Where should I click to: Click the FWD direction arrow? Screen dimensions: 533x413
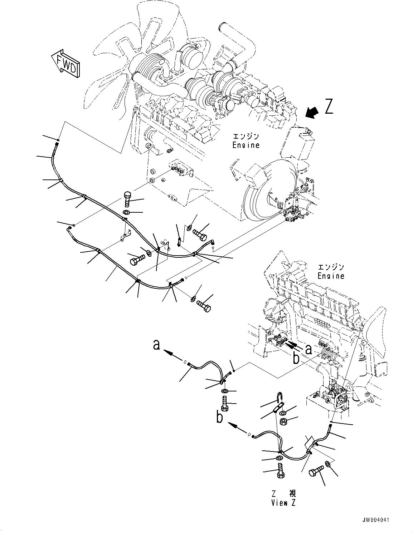66,63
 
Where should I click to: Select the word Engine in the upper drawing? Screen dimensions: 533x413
246,145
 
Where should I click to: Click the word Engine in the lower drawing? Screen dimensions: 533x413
331,276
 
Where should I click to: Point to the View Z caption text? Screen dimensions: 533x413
284,503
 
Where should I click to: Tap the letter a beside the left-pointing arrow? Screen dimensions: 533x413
156,345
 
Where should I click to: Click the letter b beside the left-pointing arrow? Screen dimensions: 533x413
220,417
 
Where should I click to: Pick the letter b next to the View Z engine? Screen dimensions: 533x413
296,357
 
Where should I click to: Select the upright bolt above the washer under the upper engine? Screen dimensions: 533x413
128,199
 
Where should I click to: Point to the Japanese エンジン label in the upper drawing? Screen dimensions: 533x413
246,137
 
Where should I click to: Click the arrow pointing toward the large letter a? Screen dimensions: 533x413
171,354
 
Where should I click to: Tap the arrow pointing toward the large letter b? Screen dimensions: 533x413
235,425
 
